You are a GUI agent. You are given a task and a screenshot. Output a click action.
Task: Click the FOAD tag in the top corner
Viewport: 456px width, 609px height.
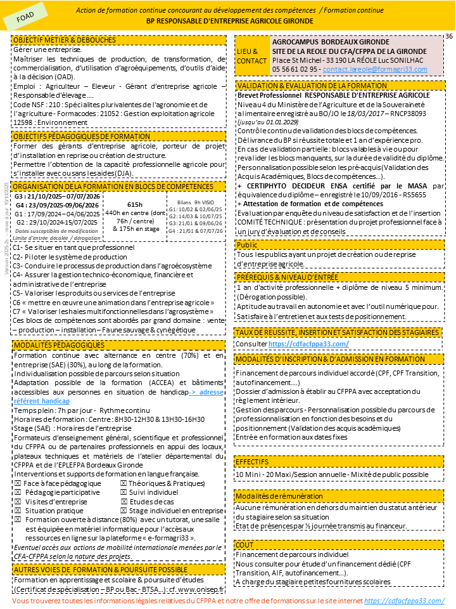26,19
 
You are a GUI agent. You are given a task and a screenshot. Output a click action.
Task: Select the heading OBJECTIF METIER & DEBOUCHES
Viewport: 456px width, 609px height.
64,39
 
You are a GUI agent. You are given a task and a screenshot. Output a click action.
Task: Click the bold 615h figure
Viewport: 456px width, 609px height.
135,204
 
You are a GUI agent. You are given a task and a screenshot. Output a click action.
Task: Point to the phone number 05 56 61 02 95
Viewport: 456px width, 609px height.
295,68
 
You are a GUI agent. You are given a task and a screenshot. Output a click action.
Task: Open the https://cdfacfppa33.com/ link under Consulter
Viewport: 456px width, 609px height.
308,343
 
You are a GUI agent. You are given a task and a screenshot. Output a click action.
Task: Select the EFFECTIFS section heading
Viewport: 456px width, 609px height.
252,461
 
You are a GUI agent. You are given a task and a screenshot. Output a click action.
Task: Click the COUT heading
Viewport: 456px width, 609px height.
244,544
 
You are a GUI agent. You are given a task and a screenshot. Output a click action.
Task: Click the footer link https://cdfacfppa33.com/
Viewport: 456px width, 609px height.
405,600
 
